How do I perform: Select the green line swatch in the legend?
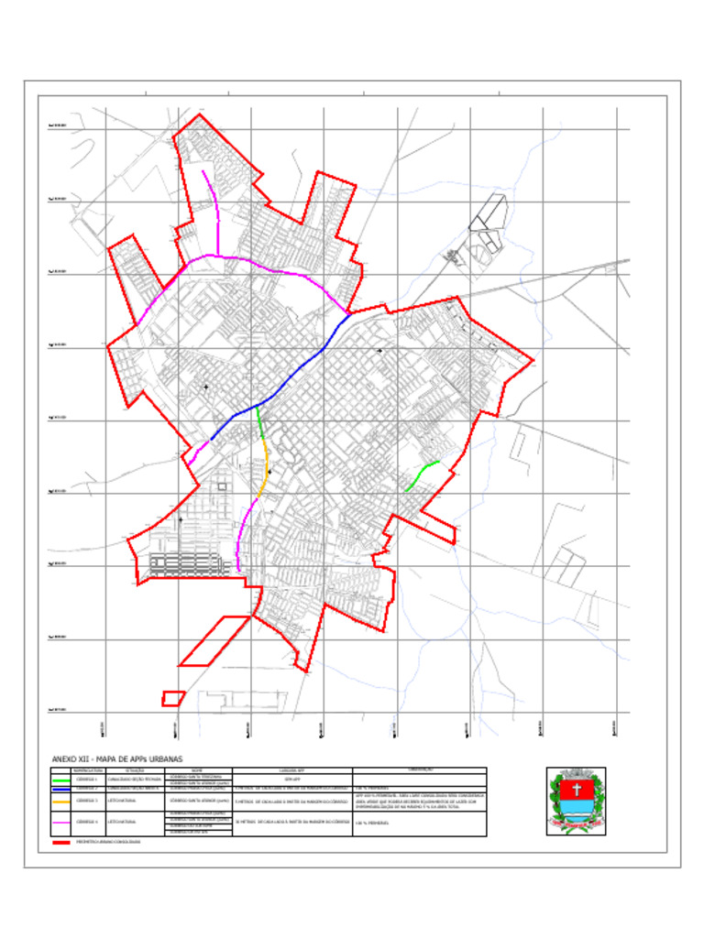pyautogui.click(x=61, y=780)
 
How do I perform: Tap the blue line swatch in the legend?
pyautogui.click(x=61, y=788)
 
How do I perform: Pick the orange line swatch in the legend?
pyautogui.click(x=61, y=801)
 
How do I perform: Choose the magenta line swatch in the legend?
pyautogui.click(x=61, y=822)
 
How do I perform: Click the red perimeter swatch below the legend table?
pyautogui.click(x=61, y=841)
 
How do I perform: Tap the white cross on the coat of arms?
pyautogui.click(x=577, y=789)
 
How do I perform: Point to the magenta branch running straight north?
pyautogui.click(x=217, y=220)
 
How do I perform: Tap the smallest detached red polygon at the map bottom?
pyautogui.click(x=173, y=699)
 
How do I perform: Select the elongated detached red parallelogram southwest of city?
pyautogui.click(x=214, y=640)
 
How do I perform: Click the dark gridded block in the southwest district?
pyautogui.click(x=188, y=564)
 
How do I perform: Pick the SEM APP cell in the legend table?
pyautogui.click(x=291, y=780)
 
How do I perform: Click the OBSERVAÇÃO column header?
pyautogui.click(x=419, y=771)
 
